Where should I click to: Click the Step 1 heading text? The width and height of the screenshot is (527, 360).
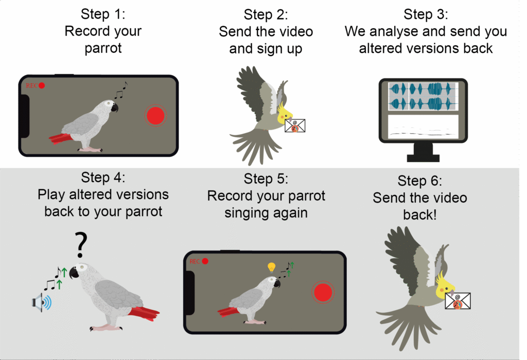(x=103, y=14)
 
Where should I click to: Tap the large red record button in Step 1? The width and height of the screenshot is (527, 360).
(x=155, y=116)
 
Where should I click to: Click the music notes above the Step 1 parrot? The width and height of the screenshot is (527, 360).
(x=121, y=91)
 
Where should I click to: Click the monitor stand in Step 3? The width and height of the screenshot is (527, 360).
(x=423, y=151)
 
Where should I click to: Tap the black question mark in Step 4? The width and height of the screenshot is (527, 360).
(x=80, y=246)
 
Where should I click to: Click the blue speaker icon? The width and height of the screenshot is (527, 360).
(x=42, y=303)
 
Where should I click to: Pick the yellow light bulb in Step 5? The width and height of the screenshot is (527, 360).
(x=271, y=267)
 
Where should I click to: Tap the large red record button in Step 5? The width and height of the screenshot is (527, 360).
(x=323, y=292)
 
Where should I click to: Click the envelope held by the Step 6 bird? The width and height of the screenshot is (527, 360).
(x=458, y=301)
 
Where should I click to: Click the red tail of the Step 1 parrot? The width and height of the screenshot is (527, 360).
(x=63, y=138)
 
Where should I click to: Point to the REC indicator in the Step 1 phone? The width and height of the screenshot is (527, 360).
(x=34, y=85)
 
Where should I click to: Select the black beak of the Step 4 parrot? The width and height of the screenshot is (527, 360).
(x=74, y=273)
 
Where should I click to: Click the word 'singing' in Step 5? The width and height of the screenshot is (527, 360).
(x=244, y=213)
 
